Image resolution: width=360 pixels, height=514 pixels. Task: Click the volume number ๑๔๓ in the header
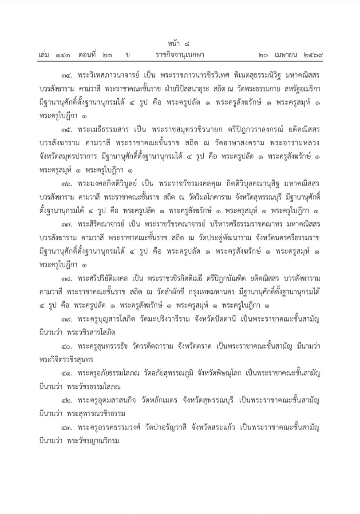[x=61, y=56]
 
